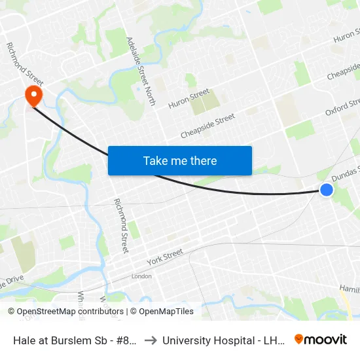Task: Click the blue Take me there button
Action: click(180, 160)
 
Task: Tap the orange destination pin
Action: click(33, 97)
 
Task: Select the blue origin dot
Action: click(327, 190)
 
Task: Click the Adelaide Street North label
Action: click(141, 71)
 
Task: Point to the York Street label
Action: click(165, 254)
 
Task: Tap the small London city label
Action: click(141, 276)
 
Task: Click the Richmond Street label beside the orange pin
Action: click(24, 64)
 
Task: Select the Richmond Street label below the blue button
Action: click(121, 226)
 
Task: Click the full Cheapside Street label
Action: click(207, 126)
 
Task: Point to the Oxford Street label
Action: click(342, 108)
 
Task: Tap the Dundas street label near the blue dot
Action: click(345, 173)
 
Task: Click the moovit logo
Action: click(320, 339)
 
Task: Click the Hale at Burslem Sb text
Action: click(73, 340)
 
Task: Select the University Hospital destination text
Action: click(223, 340)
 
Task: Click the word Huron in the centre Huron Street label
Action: click(179, 103)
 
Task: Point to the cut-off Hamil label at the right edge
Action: click(349, 289)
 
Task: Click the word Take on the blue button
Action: click(155, 160)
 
